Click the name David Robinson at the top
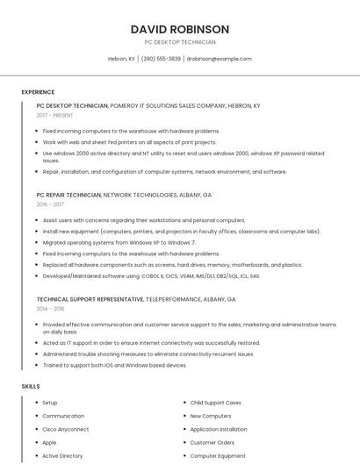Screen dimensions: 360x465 tap(179, 29)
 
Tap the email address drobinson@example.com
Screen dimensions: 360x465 tap(219, 59)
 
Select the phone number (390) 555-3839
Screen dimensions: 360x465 tap(161, 59)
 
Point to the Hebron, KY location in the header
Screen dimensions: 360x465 tap(121, 59)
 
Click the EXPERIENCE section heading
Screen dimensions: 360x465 tap(38, 92)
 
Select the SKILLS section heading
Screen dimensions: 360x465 tap(31, 386)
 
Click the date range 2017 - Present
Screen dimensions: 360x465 tap(55, 115)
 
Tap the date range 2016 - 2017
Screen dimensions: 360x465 tap(51, 204)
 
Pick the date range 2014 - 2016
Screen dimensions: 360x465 tap(51, 309)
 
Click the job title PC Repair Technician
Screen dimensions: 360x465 tap(68, 194)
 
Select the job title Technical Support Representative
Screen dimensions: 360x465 tap(90, 299)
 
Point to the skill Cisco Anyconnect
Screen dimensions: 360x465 tap(66, 429)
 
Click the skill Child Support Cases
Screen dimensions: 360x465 tap(215, 403)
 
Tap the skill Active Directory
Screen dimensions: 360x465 tap(62, 455)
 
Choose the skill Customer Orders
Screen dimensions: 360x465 tap(212, 442)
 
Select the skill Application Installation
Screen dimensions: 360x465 tap(219, 429)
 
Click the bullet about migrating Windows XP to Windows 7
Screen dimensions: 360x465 tap(119, 242)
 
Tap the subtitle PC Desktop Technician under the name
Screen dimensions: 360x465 tap(179, 42)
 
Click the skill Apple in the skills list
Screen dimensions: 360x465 tap(49, 442)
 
